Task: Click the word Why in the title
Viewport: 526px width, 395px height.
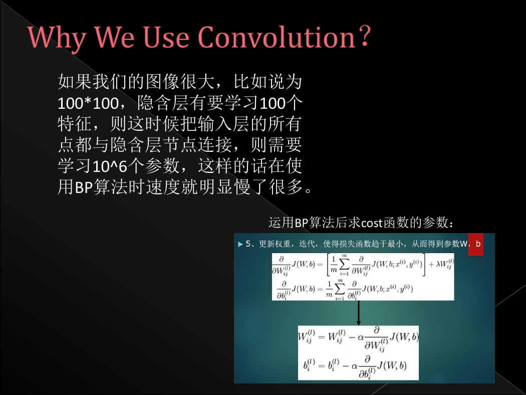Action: pos(56,38)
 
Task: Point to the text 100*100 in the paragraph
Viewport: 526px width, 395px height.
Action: pos(88,103)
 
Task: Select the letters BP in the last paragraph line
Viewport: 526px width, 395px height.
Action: pos(84,187)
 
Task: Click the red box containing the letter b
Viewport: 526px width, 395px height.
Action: pos(476,244)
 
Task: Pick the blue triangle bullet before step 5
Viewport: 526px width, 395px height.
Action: pos(240,244)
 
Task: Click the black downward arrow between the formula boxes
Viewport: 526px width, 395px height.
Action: pos(359,313)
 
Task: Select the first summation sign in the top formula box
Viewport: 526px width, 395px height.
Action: pos(344,265)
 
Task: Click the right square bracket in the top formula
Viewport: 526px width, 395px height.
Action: pos(424,265)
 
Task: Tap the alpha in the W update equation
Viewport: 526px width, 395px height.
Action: pos(361,338)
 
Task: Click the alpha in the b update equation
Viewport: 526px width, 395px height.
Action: pos(354,366)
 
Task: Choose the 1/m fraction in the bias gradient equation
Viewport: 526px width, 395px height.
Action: pos(330,289)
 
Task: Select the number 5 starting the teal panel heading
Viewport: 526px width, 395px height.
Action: pos(248,244)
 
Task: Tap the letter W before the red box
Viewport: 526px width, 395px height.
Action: pos(463,244)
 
